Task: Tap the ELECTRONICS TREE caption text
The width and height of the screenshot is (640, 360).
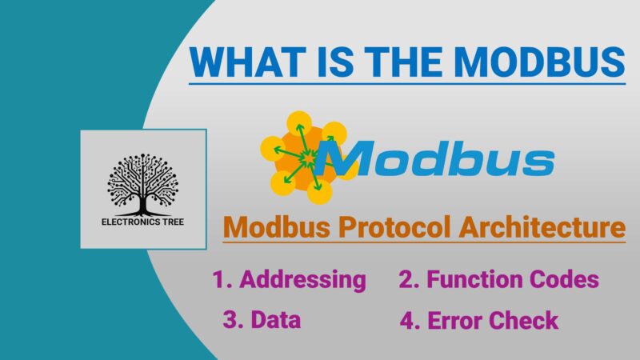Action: (143, 220)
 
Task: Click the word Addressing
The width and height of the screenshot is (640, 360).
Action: (302, 280)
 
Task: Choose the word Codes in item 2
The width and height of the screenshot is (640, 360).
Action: (566, 280)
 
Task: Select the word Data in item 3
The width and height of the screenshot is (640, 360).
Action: (274, 321)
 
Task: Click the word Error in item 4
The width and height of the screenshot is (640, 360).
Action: (456, 322)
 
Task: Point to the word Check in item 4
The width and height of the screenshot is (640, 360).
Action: (525, 322)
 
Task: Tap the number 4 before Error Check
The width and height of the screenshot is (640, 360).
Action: (407, 322)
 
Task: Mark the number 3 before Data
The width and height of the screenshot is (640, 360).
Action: (230, 321)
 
